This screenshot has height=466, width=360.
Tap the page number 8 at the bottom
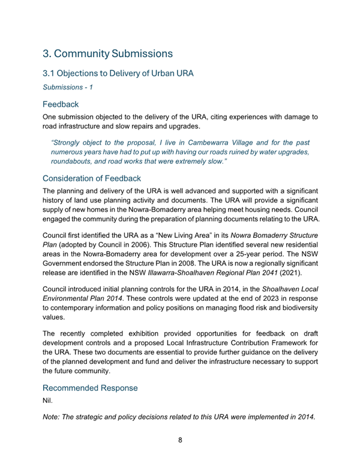coord(180,440)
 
